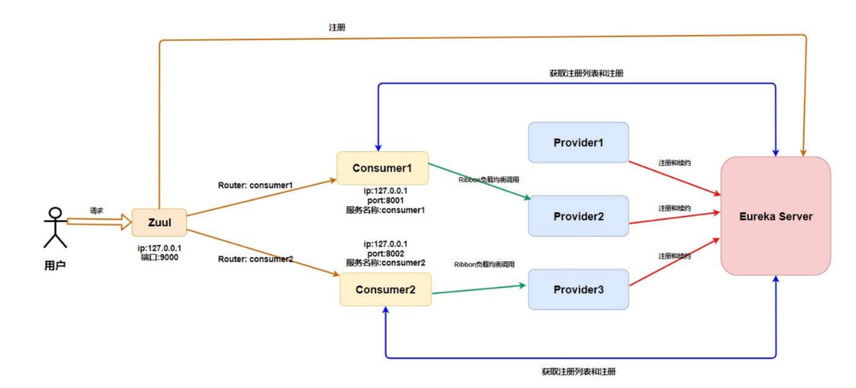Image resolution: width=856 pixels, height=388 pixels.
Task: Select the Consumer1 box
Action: (x=382, y=168)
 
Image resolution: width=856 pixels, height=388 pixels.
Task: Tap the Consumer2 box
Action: (x=385, y=289)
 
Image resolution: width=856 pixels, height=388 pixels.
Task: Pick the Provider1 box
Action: (x=579, y=142)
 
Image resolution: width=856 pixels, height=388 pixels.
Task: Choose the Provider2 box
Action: (x=579, y=215)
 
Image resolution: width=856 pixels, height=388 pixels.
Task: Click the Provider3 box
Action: (x=579, y=289)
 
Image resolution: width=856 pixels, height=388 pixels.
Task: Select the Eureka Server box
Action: (x=776, y=216)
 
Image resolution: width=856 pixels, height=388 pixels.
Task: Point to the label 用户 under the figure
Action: (x=55, y=267)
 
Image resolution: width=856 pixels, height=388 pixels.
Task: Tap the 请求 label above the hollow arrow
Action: (x=97, y=210)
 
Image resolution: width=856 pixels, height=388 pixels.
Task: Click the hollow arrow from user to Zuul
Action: (x=99, y=222)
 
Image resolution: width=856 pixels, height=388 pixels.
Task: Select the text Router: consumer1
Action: (x=256, y=185)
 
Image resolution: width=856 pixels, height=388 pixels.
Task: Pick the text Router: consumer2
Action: (x=256, y=258)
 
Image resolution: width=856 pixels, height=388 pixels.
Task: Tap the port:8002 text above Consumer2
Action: (x=385, y=253)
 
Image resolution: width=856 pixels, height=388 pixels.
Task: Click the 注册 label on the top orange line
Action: (x=336, y=28)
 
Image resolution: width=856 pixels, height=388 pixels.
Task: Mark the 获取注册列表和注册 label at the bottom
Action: (x=579, y=372)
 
